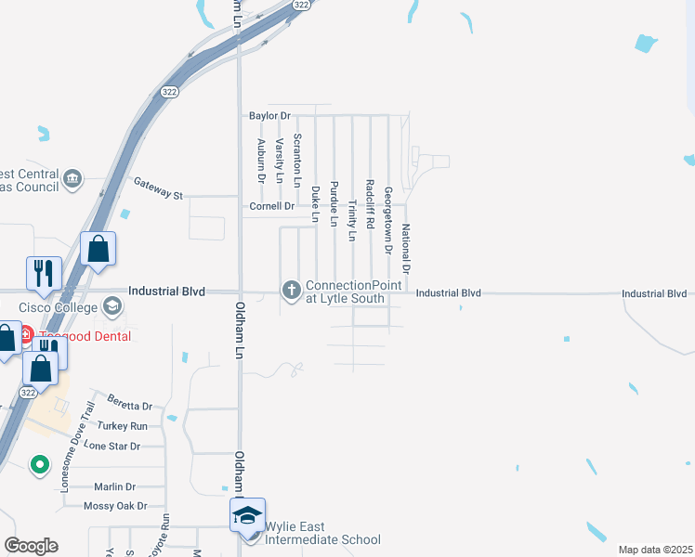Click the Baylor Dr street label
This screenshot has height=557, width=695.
pos(269,116)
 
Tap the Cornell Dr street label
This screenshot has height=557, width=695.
pos(271,206)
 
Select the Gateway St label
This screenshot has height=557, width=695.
pos(159,188)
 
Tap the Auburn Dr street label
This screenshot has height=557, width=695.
pos(261,160)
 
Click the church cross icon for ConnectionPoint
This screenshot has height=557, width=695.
pos(291,291)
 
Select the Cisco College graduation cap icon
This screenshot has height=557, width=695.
pos(112,306)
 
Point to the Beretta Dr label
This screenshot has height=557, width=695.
pos(129,406)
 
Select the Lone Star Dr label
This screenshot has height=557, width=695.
pos(111,446)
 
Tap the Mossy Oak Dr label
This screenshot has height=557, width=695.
pos(115,506)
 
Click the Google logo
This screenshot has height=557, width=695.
pos(31,546)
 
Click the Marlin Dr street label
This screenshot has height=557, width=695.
pos(115,486)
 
